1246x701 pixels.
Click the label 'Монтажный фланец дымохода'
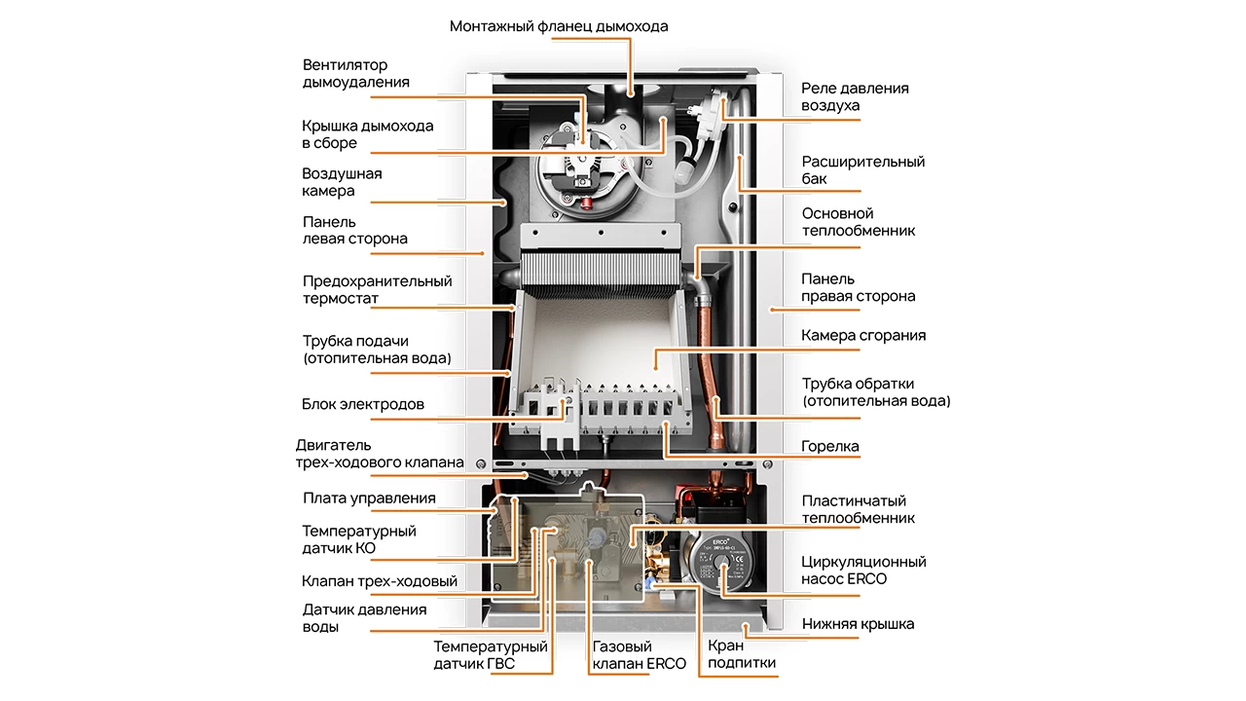coord(559,26)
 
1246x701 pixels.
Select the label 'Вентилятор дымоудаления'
coord(355,74)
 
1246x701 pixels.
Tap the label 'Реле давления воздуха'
coord(855,96)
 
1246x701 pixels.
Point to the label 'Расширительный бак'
coord(862,170)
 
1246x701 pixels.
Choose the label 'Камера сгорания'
coord(862,336)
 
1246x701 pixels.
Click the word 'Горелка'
coord(829,447)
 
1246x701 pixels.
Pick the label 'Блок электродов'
coord(363,404)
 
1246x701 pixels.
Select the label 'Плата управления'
coord(369,498)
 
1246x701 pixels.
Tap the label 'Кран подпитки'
coord(741,654)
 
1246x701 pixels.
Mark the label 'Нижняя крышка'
coord(858,624)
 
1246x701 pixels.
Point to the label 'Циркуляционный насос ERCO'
coord(862,571)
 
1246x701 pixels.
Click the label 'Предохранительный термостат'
coord(377,290)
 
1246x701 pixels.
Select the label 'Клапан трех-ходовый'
coord(380,582)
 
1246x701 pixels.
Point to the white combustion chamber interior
coord(604,336)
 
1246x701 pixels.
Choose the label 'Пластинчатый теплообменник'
coord(858,510)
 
